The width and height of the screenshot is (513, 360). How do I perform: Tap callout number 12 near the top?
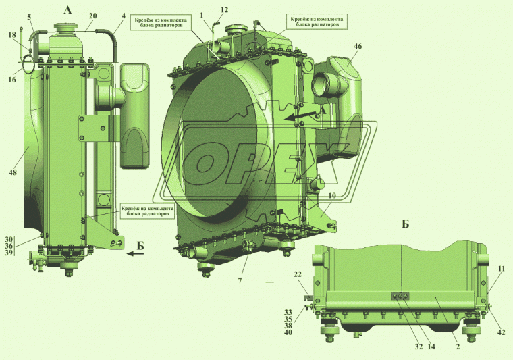tap(224, 10)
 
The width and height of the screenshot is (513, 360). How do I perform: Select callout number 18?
tap(11, 34)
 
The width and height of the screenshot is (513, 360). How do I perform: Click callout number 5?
tap(29, 16)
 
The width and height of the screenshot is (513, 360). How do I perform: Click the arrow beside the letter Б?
tap(135, 255)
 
